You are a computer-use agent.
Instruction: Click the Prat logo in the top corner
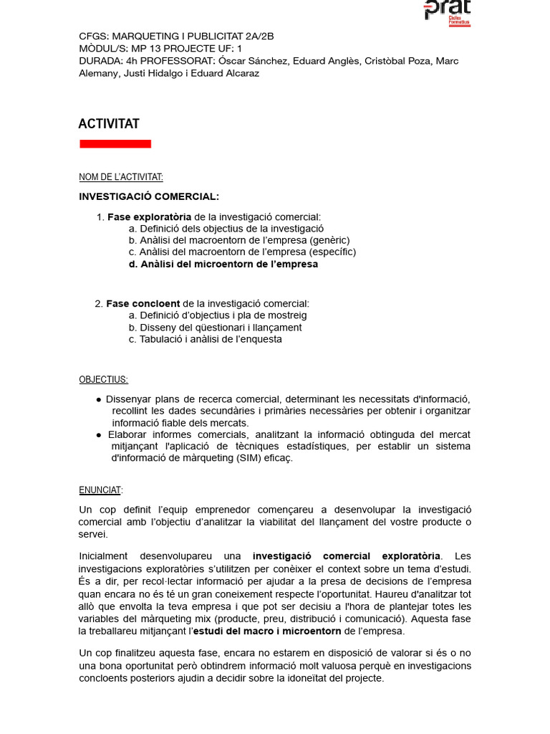[447, 11]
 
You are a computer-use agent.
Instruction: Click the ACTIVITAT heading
[109, 124]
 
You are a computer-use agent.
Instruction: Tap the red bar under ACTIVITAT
[115, 144]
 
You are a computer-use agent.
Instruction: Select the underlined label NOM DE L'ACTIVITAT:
[120, 177]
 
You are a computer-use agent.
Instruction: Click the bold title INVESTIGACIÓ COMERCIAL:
[149, 196]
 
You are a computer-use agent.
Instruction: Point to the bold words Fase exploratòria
[149, 217]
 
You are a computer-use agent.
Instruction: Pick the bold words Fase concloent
[143, 304]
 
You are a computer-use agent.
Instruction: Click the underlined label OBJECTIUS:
[103, 380]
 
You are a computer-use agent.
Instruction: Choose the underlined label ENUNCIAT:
[100, 490]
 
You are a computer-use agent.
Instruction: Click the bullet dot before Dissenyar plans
[99, 399]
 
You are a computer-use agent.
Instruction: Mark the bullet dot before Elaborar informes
[99, 435]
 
